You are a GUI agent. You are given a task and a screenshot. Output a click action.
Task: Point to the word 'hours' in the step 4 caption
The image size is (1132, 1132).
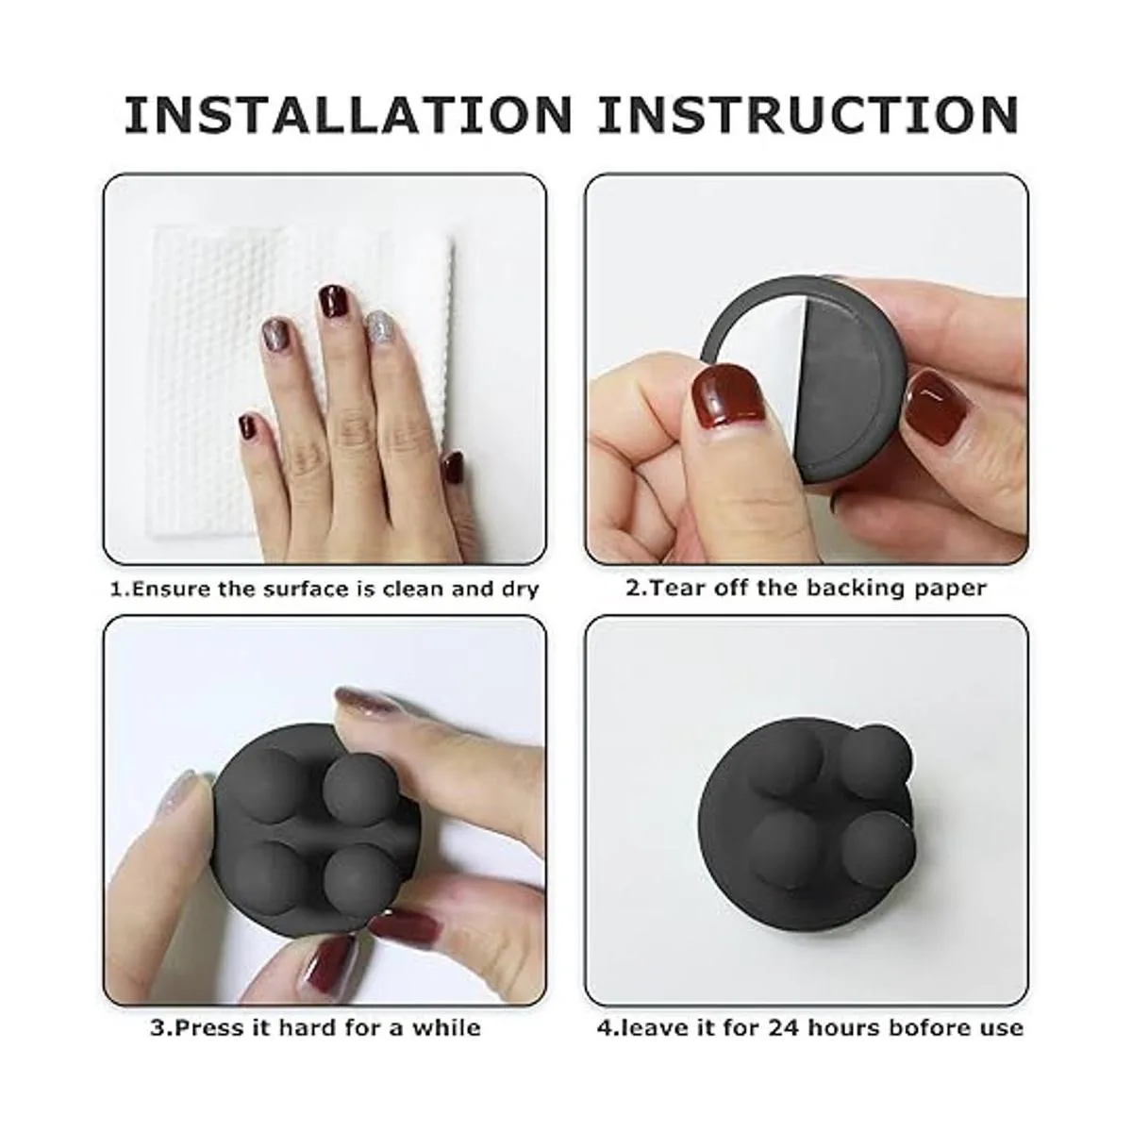coord(843,1028)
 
